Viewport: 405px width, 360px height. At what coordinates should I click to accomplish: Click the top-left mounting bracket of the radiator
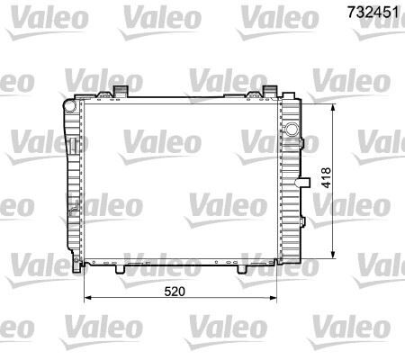tap(121, 91)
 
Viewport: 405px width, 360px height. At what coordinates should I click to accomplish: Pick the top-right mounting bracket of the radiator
tap(271, 91)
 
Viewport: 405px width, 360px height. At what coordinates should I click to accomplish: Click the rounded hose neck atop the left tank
tap(69, 104)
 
